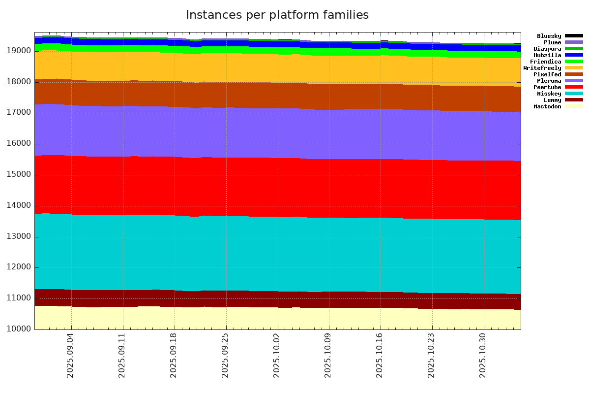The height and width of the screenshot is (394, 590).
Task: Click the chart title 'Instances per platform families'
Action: coord(277,15)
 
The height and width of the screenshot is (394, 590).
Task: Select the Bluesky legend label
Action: coord(549,36)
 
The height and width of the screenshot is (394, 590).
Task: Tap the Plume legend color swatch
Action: coord(574,42)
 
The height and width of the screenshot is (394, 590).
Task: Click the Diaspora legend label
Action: coord(547,49)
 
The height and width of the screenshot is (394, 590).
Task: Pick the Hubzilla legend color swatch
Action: coord(574,55)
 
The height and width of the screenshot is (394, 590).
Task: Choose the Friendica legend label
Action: coord(545,62)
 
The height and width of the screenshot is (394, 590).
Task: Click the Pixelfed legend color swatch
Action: coord(574,74)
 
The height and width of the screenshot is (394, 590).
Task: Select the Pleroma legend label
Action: coord(549,81)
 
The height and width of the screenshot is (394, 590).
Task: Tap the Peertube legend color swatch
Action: coord(574,87)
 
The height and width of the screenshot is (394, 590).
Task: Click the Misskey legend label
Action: coord(549,94)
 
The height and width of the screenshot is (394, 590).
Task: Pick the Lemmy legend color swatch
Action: coord(574,100)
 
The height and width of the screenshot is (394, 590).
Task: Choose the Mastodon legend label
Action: coord(547,106)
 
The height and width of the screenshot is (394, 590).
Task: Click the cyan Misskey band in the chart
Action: coord(275,254)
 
